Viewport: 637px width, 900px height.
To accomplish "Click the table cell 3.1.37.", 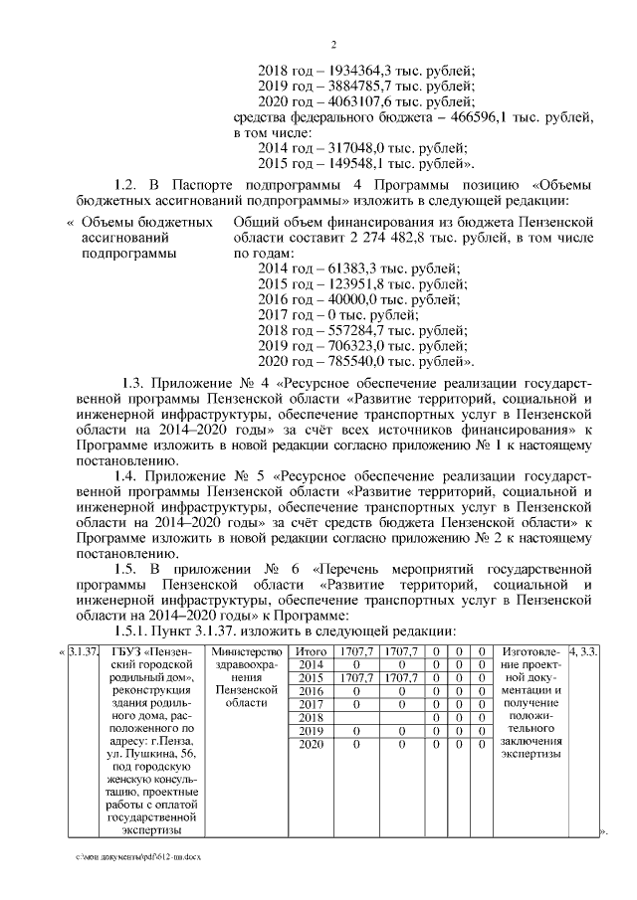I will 84,651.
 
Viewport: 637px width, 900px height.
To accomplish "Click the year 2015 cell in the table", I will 311,677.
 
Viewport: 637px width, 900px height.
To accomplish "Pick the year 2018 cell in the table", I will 311,717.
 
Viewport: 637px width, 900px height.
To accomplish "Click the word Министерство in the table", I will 244,651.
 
